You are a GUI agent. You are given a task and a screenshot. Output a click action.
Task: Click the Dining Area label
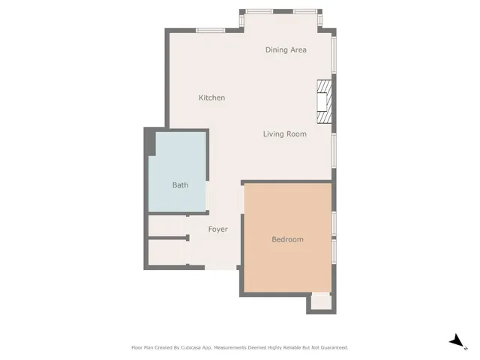pyautogui.click(x=286, y=50)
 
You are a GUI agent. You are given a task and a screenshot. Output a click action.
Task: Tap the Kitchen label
pyautogui.click(x=211, y=98)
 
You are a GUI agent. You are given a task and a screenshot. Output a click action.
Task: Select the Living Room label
pyautogui.click(x=284, y=134)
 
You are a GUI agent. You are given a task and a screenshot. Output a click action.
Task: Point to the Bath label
pyautogui.click(x=180, y=185)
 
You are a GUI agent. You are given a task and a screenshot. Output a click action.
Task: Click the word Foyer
pyautogui.click(x=217, y=229)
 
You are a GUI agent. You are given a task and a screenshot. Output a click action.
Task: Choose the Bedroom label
pyautogui.click(x=287, y=239)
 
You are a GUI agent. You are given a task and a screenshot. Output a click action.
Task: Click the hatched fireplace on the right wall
pyautogui.click(x=324, y=101)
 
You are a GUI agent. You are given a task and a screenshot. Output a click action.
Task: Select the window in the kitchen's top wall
pyautogui.click(x=211, y=30)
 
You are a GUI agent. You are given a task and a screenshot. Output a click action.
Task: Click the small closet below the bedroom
pyautogui.click(x=320, y=302)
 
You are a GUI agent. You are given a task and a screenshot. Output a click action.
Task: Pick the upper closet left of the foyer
pyautogui.click(x=166, y=226)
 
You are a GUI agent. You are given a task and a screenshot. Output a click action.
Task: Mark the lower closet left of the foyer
pyautogui.click(x=166, y=253)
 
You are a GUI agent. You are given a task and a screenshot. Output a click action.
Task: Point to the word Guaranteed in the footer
pyautogui.click(x=332, y=348)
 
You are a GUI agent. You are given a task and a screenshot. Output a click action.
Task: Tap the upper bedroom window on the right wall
pyautogui.click(x=334, y=223)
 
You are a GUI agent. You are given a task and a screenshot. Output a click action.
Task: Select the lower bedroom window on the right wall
pyautogui.click(x=334, y=253)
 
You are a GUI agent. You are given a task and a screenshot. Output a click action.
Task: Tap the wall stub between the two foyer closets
pyautogui.click(x=167, y=238)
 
